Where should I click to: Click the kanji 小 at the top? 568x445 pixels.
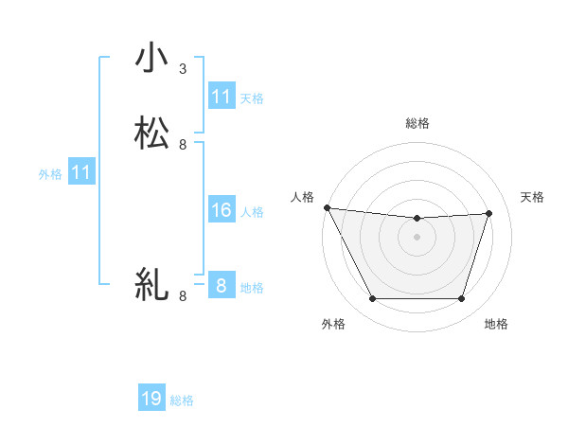click(x=151, y=59)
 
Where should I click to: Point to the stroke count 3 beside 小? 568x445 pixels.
click(x=183, y=69)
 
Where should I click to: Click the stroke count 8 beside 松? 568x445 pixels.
click(x=183, y=145)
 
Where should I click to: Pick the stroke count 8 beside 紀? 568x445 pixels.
click(x=183, y=296)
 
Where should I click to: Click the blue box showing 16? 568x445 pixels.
click(x=221, y=210)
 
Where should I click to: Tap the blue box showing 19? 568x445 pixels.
click(x=151, y=400)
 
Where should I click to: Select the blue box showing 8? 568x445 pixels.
click(x=221, y=286)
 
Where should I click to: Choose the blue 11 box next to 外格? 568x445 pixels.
click(x=81, y=173)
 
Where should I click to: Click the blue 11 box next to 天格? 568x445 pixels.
click(x=221, y=97)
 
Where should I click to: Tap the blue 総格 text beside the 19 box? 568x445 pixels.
click(x=182, y=400)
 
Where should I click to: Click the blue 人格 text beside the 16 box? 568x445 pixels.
click(x=253, y=211)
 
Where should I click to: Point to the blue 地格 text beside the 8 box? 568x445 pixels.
click(x=253, y=287)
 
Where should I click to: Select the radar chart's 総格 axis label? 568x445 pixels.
click(x=417, y=123)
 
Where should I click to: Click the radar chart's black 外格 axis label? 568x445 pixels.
click(x=333, y=324)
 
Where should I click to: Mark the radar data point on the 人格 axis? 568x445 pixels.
click(x=327, y=207)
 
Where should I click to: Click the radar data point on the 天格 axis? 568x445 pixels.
click(x=489, y=213)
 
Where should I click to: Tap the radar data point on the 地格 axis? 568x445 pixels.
click(x=462, y=299)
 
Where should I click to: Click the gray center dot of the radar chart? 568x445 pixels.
click(x=417, y=237)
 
